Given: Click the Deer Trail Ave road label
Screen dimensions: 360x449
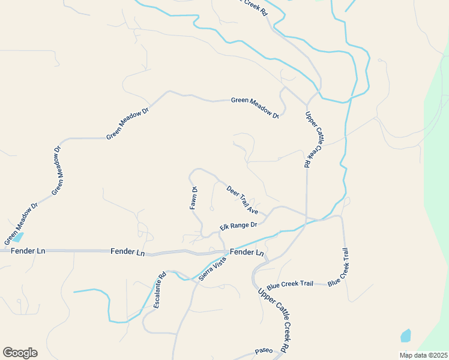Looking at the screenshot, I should coord(243,200).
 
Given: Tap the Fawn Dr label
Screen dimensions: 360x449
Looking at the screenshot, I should coord(194,197).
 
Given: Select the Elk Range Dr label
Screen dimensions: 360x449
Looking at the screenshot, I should coord(238,226).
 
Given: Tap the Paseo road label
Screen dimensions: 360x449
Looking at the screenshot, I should coord(264,350).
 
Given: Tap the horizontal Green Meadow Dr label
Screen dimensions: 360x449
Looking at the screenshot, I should coord(255,101).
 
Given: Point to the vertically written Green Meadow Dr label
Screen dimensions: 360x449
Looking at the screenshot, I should coord(58,170).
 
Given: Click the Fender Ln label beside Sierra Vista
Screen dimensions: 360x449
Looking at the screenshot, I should coord(247,253).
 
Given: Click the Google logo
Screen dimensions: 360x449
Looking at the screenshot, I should coord(20,353).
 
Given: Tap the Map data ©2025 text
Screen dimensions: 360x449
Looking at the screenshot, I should coord(424,355).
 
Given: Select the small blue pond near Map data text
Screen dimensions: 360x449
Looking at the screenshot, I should coord(406,335).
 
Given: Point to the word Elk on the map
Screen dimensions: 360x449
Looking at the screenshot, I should coord(224,227).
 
